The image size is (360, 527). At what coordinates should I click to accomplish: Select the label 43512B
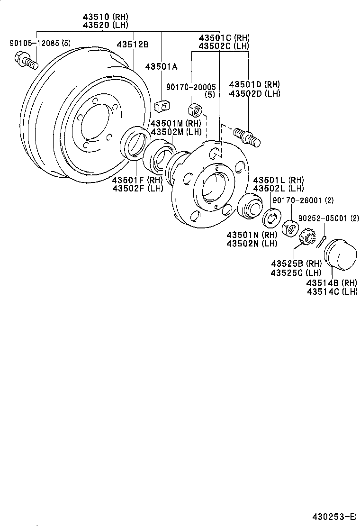[133, 45]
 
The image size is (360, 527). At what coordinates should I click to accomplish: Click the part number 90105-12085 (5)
[40, 43]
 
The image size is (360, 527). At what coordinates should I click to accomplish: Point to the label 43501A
[161, 67]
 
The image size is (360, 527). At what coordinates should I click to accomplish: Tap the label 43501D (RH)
[254, 84]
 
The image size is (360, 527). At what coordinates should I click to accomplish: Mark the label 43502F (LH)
[137, 188]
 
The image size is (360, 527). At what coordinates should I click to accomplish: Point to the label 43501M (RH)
[176, 123]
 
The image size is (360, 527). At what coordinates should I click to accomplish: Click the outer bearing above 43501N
[249, 207]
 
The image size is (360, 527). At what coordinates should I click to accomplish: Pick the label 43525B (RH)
[296, 263]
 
